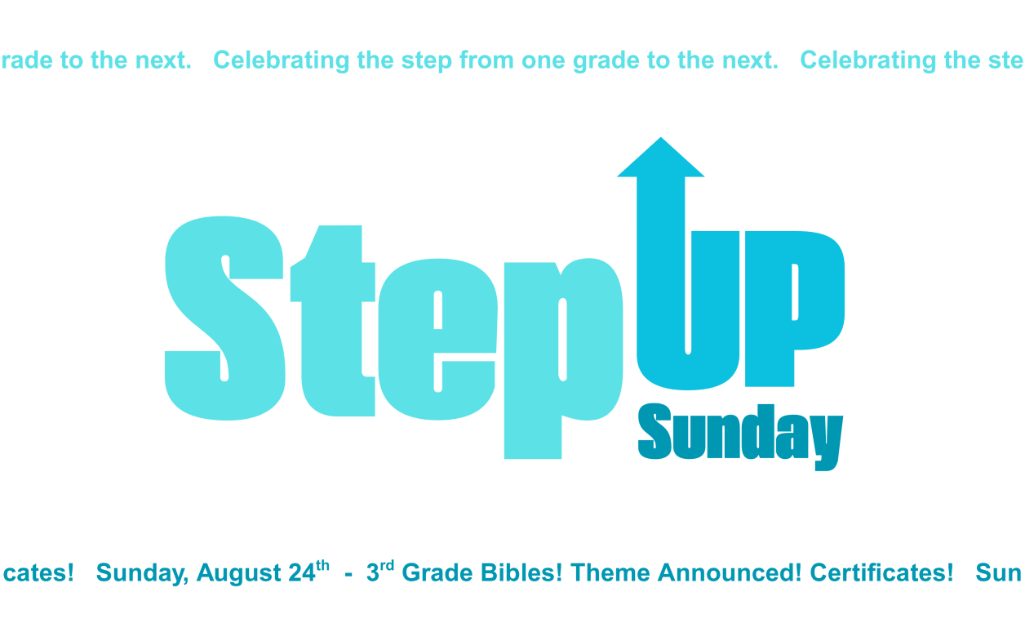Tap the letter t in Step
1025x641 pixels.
[333, 320]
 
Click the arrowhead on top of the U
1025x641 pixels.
[661, 158]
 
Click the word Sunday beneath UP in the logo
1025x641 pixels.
[740, 436]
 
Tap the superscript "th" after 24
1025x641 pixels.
[322, 565]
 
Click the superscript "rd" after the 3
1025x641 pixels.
[387, 566]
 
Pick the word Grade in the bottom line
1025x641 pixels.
[437, 572]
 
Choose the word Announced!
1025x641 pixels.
[730, 572]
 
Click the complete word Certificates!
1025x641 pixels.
[881, 572]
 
